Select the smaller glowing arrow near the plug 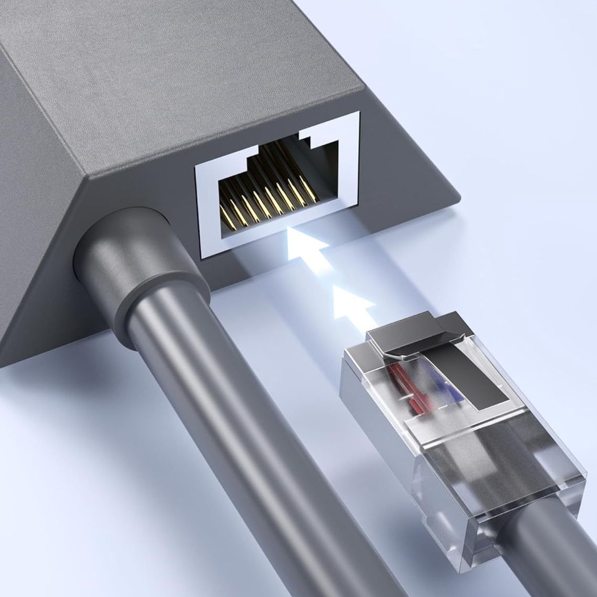click(352, 306)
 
